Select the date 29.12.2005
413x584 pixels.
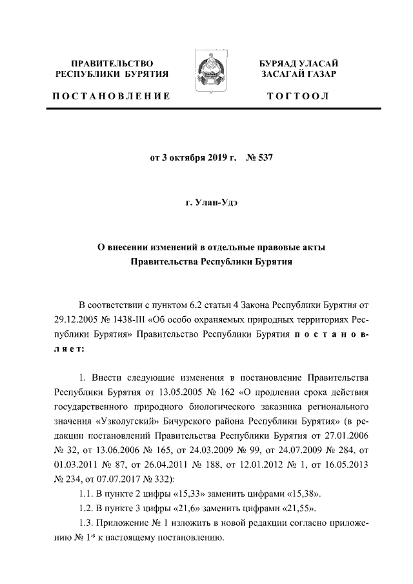point(78,319)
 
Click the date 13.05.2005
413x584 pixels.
point(174,392)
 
